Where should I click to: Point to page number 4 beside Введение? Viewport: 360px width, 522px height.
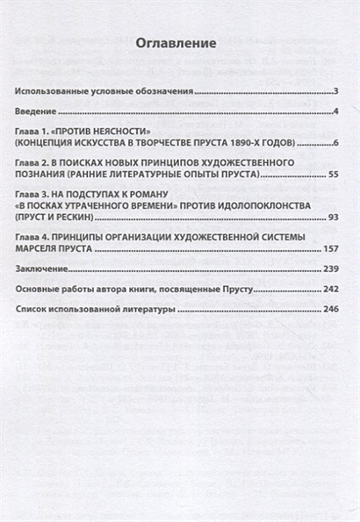[336, 112]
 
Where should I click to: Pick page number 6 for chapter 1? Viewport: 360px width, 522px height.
[336, 142]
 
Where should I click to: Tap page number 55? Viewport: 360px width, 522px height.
[333, 175]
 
